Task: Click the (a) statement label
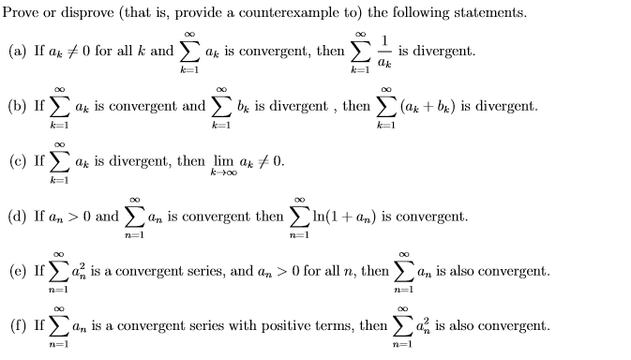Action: pos(17,51)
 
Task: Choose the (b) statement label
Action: pos(17,107)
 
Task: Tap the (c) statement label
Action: pos(17,161)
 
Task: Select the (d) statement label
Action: pos(17,217)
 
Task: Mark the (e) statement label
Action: pos(17,272)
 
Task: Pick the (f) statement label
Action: pos(17,326)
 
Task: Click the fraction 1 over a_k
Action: pos(385,51)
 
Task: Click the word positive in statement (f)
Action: pos(286,326)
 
